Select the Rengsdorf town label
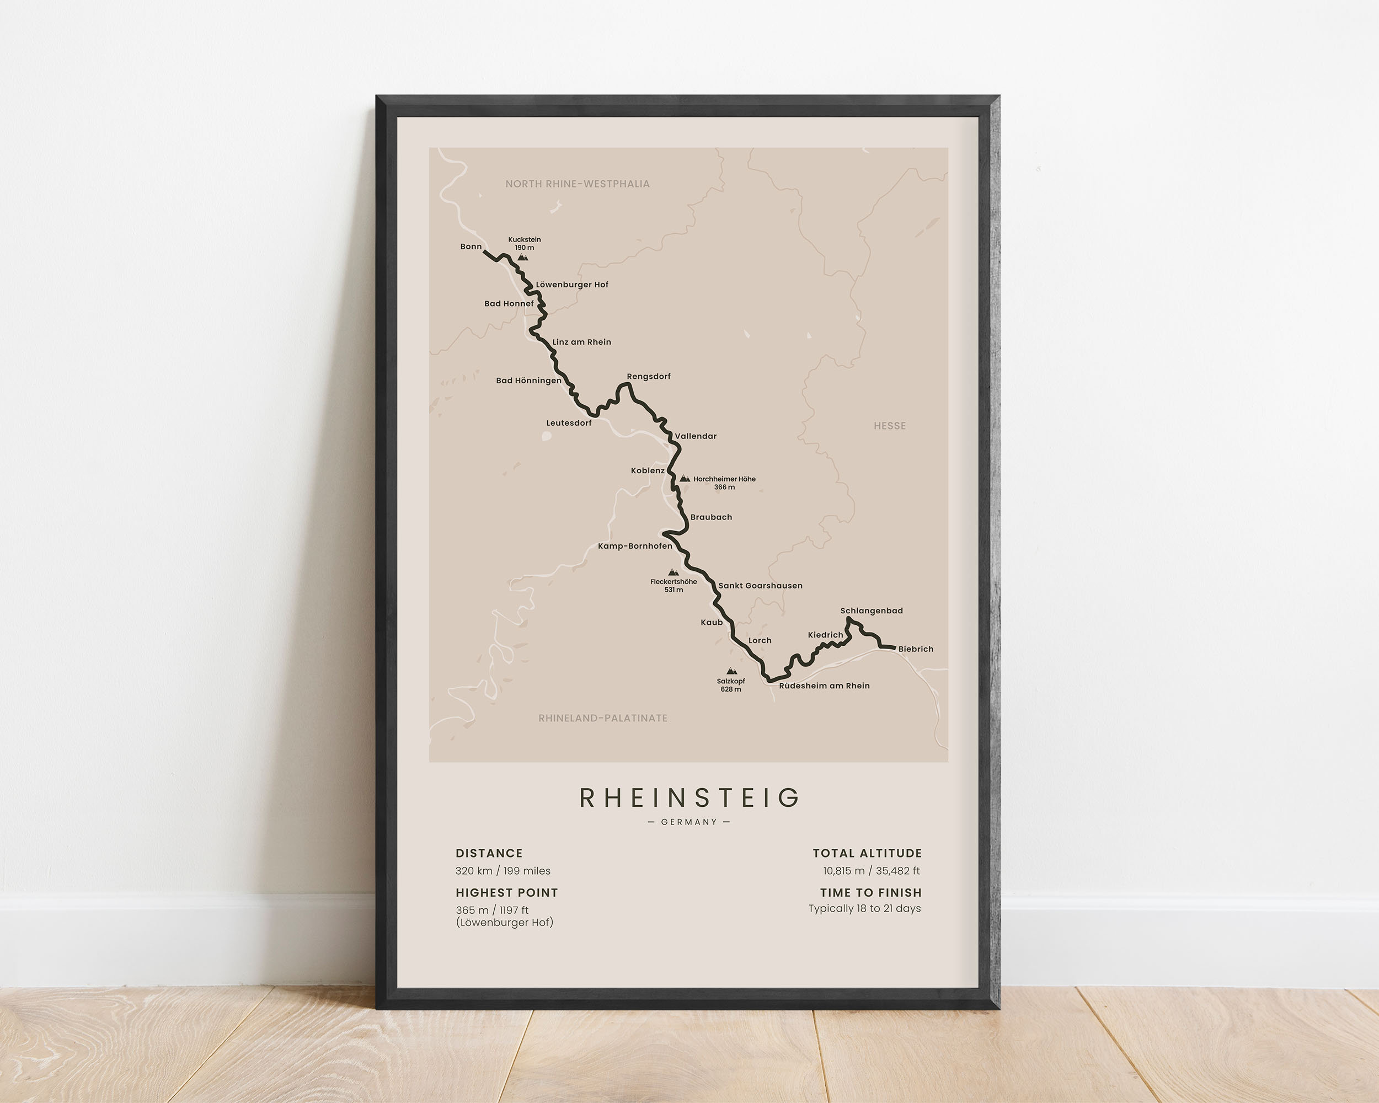649,377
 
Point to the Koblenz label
647,470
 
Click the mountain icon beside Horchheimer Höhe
685,478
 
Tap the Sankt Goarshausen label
760,586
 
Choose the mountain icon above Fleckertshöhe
673,572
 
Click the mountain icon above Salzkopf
731,671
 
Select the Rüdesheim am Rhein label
824,686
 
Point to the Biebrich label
915,649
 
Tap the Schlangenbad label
871,611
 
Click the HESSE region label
890,426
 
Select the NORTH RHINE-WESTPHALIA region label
577,184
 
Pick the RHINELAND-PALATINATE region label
602,718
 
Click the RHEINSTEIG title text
689,798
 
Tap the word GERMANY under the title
689,822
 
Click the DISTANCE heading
489,853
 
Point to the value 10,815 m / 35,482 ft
871,871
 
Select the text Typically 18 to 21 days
864,909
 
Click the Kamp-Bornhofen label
634,546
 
